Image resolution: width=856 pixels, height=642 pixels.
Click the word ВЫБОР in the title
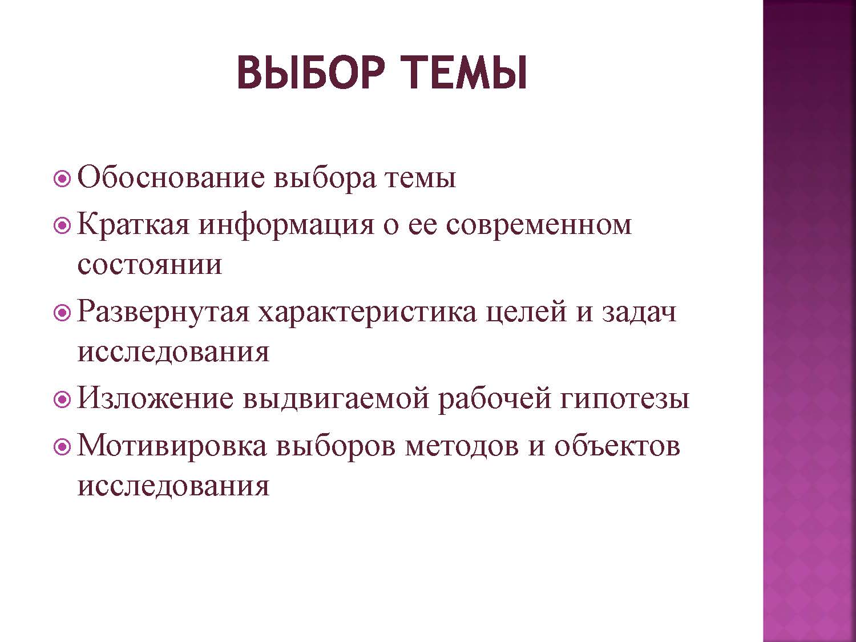click(311, 73)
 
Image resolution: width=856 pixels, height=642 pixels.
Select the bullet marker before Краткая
click(62, 225)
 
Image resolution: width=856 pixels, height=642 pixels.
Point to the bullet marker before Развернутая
click(62, 313)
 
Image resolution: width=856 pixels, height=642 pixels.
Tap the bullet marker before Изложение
click(62, 399)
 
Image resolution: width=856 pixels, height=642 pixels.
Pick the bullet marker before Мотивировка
click(62, 447)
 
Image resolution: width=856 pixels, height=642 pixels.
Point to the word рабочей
click(495, 399)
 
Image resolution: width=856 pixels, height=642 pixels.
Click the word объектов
click(617, 447)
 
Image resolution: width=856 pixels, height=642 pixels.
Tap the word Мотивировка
click(172, 446)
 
